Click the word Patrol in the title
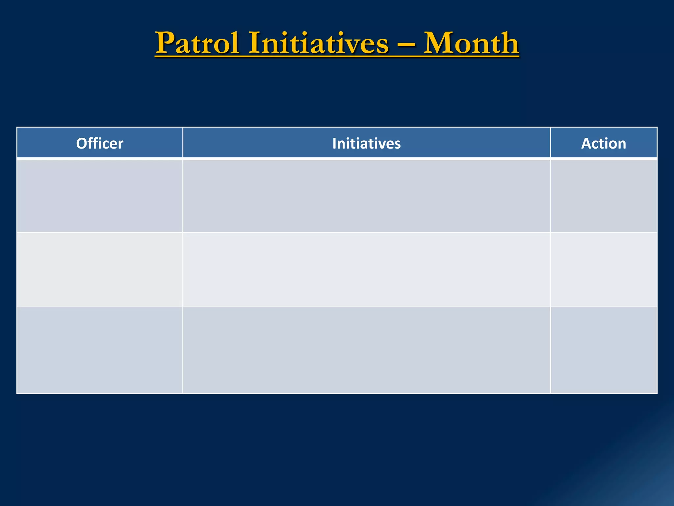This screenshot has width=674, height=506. click(197, 43)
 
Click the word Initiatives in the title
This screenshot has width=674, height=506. click(318, 43)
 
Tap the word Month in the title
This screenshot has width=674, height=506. click(471, 43)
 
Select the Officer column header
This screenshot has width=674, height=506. click(100, 143)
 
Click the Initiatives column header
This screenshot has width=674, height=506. click(366, 143)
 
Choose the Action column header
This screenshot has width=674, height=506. click(603, 143)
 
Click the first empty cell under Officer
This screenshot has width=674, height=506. click(100, 196)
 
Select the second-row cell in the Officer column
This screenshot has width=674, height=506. click(100, 269)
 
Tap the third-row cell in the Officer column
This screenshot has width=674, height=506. click(100, 350)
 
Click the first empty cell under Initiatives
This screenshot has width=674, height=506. click(366, 196)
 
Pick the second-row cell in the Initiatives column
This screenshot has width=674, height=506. click(366, 269)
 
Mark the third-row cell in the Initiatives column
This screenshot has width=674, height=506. click(366, 350)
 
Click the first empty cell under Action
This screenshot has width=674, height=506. click(603, 196)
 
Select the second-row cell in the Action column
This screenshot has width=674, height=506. click(603, 269)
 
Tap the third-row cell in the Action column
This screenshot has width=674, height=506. click(603, 350)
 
